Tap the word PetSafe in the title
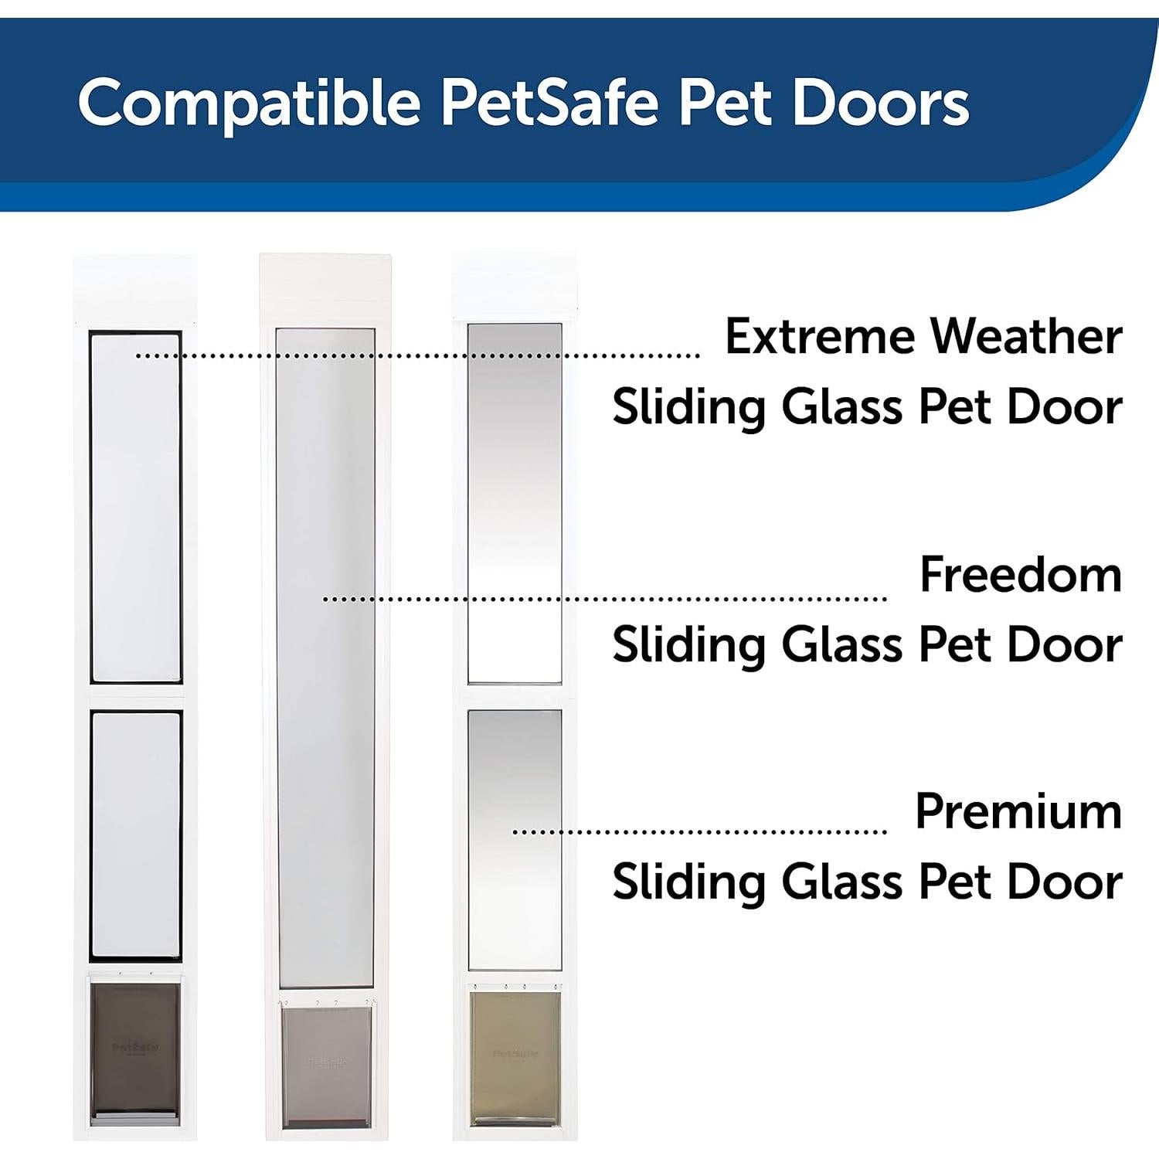[549, 104]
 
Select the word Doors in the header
[880, 104]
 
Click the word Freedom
[1020, 575]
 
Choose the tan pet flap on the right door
[515, 1055]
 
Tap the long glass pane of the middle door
[325, 657]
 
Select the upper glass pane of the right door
[515, 502]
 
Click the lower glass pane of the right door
[515, 838]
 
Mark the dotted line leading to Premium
[699, 832]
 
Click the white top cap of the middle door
[325, 290]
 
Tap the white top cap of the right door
[515, 286]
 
